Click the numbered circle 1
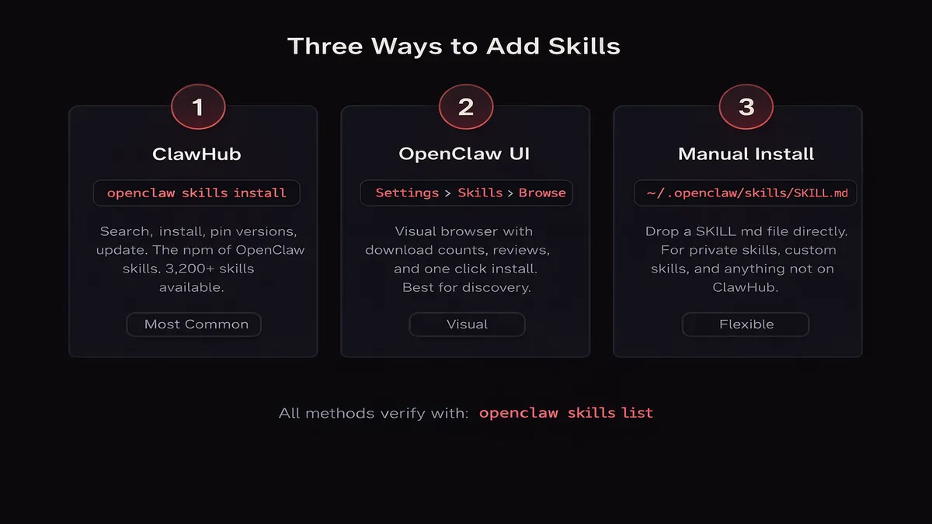pos(197,106)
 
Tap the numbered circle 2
pos(466,106)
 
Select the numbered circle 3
pos(746,106)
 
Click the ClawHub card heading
pos(196,154)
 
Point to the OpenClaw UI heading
pos(464,154)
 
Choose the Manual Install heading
pos(746,154)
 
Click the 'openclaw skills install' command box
pos(196,193)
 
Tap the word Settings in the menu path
pos(407,193)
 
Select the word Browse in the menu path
pos(542,193)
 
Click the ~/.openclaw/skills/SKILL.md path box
pos(746,193)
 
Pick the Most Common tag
pos(194,324)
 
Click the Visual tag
pos(467,324)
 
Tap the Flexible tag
pos(746,324)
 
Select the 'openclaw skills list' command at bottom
pos(565,413)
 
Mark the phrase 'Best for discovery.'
pos(466,287)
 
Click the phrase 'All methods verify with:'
pos(374,414)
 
